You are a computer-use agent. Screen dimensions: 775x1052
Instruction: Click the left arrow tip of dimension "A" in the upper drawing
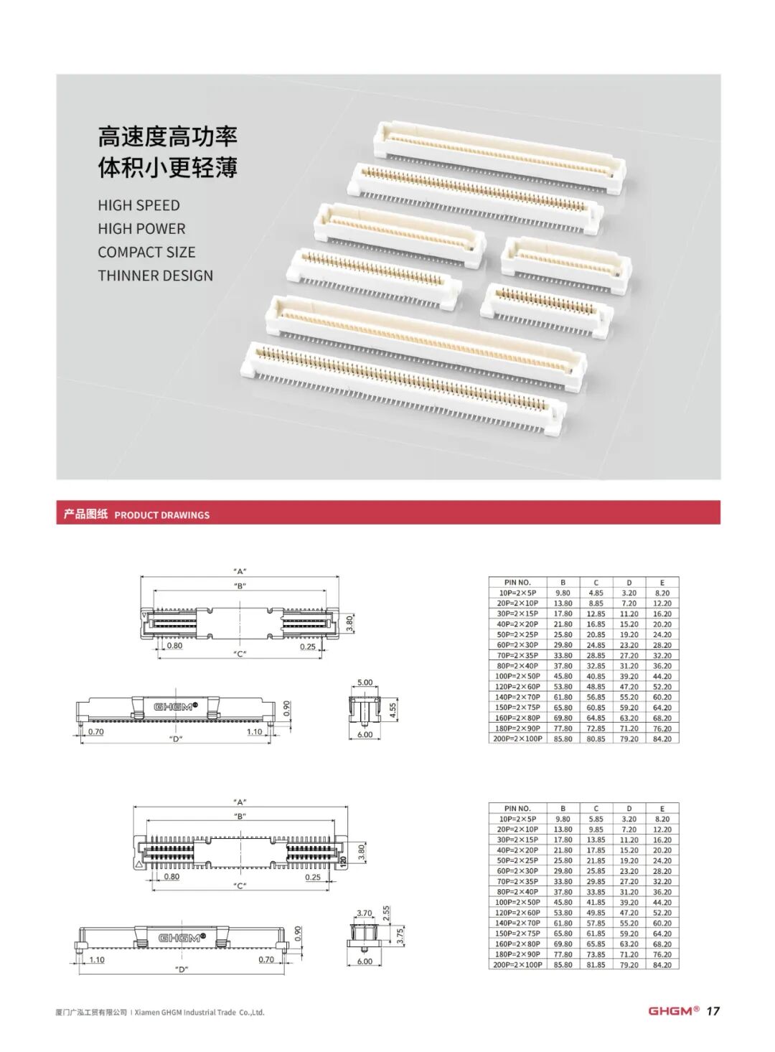(141, 577)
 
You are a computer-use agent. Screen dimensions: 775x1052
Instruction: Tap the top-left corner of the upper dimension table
(489, 577)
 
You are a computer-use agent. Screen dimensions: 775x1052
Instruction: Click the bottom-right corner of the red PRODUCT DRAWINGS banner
(720, 524)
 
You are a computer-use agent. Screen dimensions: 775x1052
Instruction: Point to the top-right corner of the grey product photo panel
(720, 74)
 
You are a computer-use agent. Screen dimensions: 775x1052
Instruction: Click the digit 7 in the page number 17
(715, 1020)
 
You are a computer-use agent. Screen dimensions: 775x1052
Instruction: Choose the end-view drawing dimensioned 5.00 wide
(365, 710)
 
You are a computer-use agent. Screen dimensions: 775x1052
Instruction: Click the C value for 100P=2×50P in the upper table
(596, 676)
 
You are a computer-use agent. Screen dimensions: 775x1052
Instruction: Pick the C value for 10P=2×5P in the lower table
(596, 819)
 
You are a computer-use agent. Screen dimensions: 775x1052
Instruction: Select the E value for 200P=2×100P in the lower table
(662, 964)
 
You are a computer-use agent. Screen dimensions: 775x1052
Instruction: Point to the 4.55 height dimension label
(394, 710)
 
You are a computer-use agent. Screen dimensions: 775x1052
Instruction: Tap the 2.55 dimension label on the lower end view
(386, 914)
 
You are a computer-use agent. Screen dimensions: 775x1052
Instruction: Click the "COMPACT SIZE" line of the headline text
(146, 252)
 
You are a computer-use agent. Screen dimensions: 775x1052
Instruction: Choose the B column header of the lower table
(563, 808)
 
